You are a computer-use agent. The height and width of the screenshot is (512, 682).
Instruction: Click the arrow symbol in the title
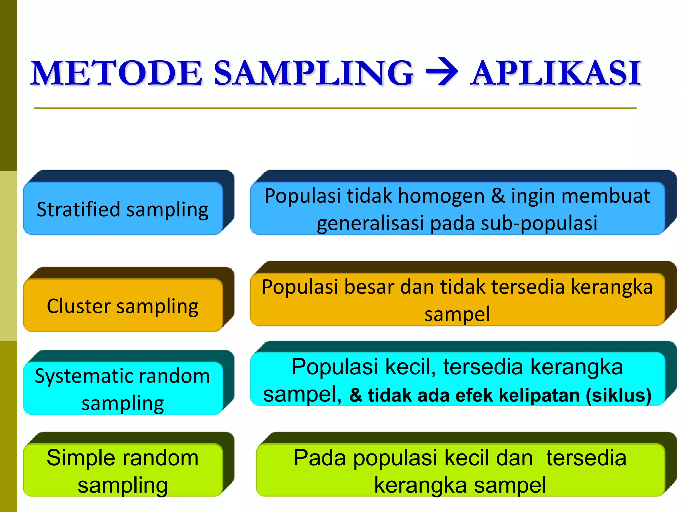click(442, 72)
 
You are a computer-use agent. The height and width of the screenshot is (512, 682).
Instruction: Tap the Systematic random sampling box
click(123, 389)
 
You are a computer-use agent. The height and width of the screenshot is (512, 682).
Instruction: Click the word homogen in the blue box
click(441, 196)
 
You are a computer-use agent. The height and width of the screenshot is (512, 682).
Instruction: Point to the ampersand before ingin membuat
click(498, 196)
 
